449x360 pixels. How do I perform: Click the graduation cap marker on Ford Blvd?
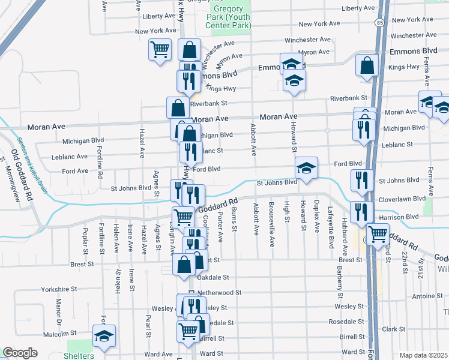[306, 169]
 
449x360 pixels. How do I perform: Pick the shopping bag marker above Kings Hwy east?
[367, 65]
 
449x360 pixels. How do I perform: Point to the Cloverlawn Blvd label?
[402, 198]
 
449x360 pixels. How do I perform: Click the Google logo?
[20, 353]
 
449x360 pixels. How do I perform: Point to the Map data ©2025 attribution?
[423, 355]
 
